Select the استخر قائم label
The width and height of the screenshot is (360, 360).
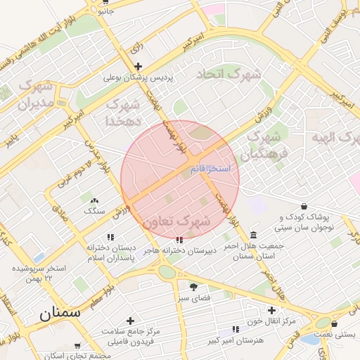[210, 169]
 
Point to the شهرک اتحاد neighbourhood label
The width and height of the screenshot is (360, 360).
[228, 74]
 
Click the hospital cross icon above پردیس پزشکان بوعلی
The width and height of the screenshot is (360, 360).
[139, 66]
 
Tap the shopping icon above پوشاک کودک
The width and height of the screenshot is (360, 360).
[303, 206]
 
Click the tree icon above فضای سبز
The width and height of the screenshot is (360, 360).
[193, 286]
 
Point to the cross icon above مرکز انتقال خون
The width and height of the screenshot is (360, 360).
[271, 310]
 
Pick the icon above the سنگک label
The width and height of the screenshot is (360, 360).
[95, 200]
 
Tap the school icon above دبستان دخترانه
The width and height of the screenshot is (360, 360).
[109, 238]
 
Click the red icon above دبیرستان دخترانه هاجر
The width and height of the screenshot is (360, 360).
[181, 239]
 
